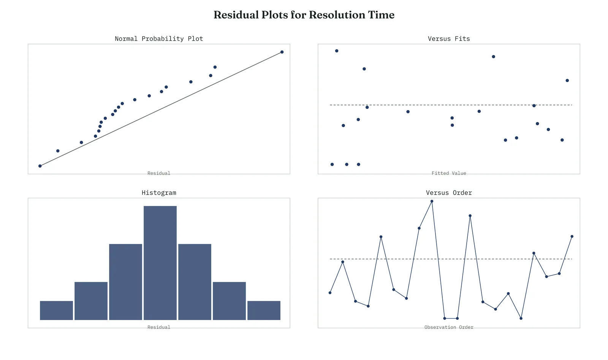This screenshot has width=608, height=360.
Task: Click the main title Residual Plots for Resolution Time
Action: click(304, 15)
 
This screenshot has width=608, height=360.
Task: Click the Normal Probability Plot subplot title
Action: click(159, 38)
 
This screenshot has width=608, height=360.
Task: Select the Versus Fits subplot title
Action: click(449, 38)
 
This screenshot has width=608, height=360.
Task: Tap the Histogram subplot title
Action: click(159, 193)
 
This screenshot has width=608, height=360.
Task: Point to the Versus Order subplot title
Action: click(449, 193)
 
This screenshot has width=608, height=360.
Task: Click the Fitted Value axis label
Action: click(449, 173)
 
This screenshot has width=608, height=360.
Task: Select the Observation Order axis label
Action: click(449, 327)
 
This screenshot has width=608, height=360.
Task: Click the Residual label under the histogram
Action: click(159, 327)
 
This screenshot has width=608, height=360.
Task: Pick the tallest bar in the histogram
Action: click(160, 263)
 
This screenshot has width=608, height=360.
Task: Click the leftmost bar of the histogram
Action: click(57, 310)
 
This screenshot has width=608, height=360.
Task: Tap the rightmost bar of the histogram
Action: click(264, 310)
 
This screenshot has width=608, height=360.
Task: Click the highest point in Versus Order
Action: click(432, 201)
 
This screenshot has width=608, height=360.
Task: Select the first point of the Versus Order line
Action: click(330, 293)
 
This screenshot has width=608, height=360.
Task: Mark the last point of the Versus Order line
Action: click(572, 236)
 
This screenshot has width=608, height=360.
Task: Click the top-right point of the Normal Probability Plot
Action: click(282, 52)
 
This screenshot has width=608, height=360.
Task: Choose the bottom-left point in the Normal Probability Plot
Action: click(40, 166)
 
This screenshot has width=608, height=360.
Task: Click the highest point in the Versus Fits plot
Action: click(337, 51)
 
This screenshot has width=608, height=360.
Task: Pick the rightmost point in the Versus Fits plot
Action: click(567, 80)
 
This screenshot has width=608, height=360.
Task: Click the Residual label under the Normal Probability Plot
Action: click(159, 173)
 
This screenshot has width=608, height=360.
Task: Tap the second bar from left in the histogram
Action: click(91, 301)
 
